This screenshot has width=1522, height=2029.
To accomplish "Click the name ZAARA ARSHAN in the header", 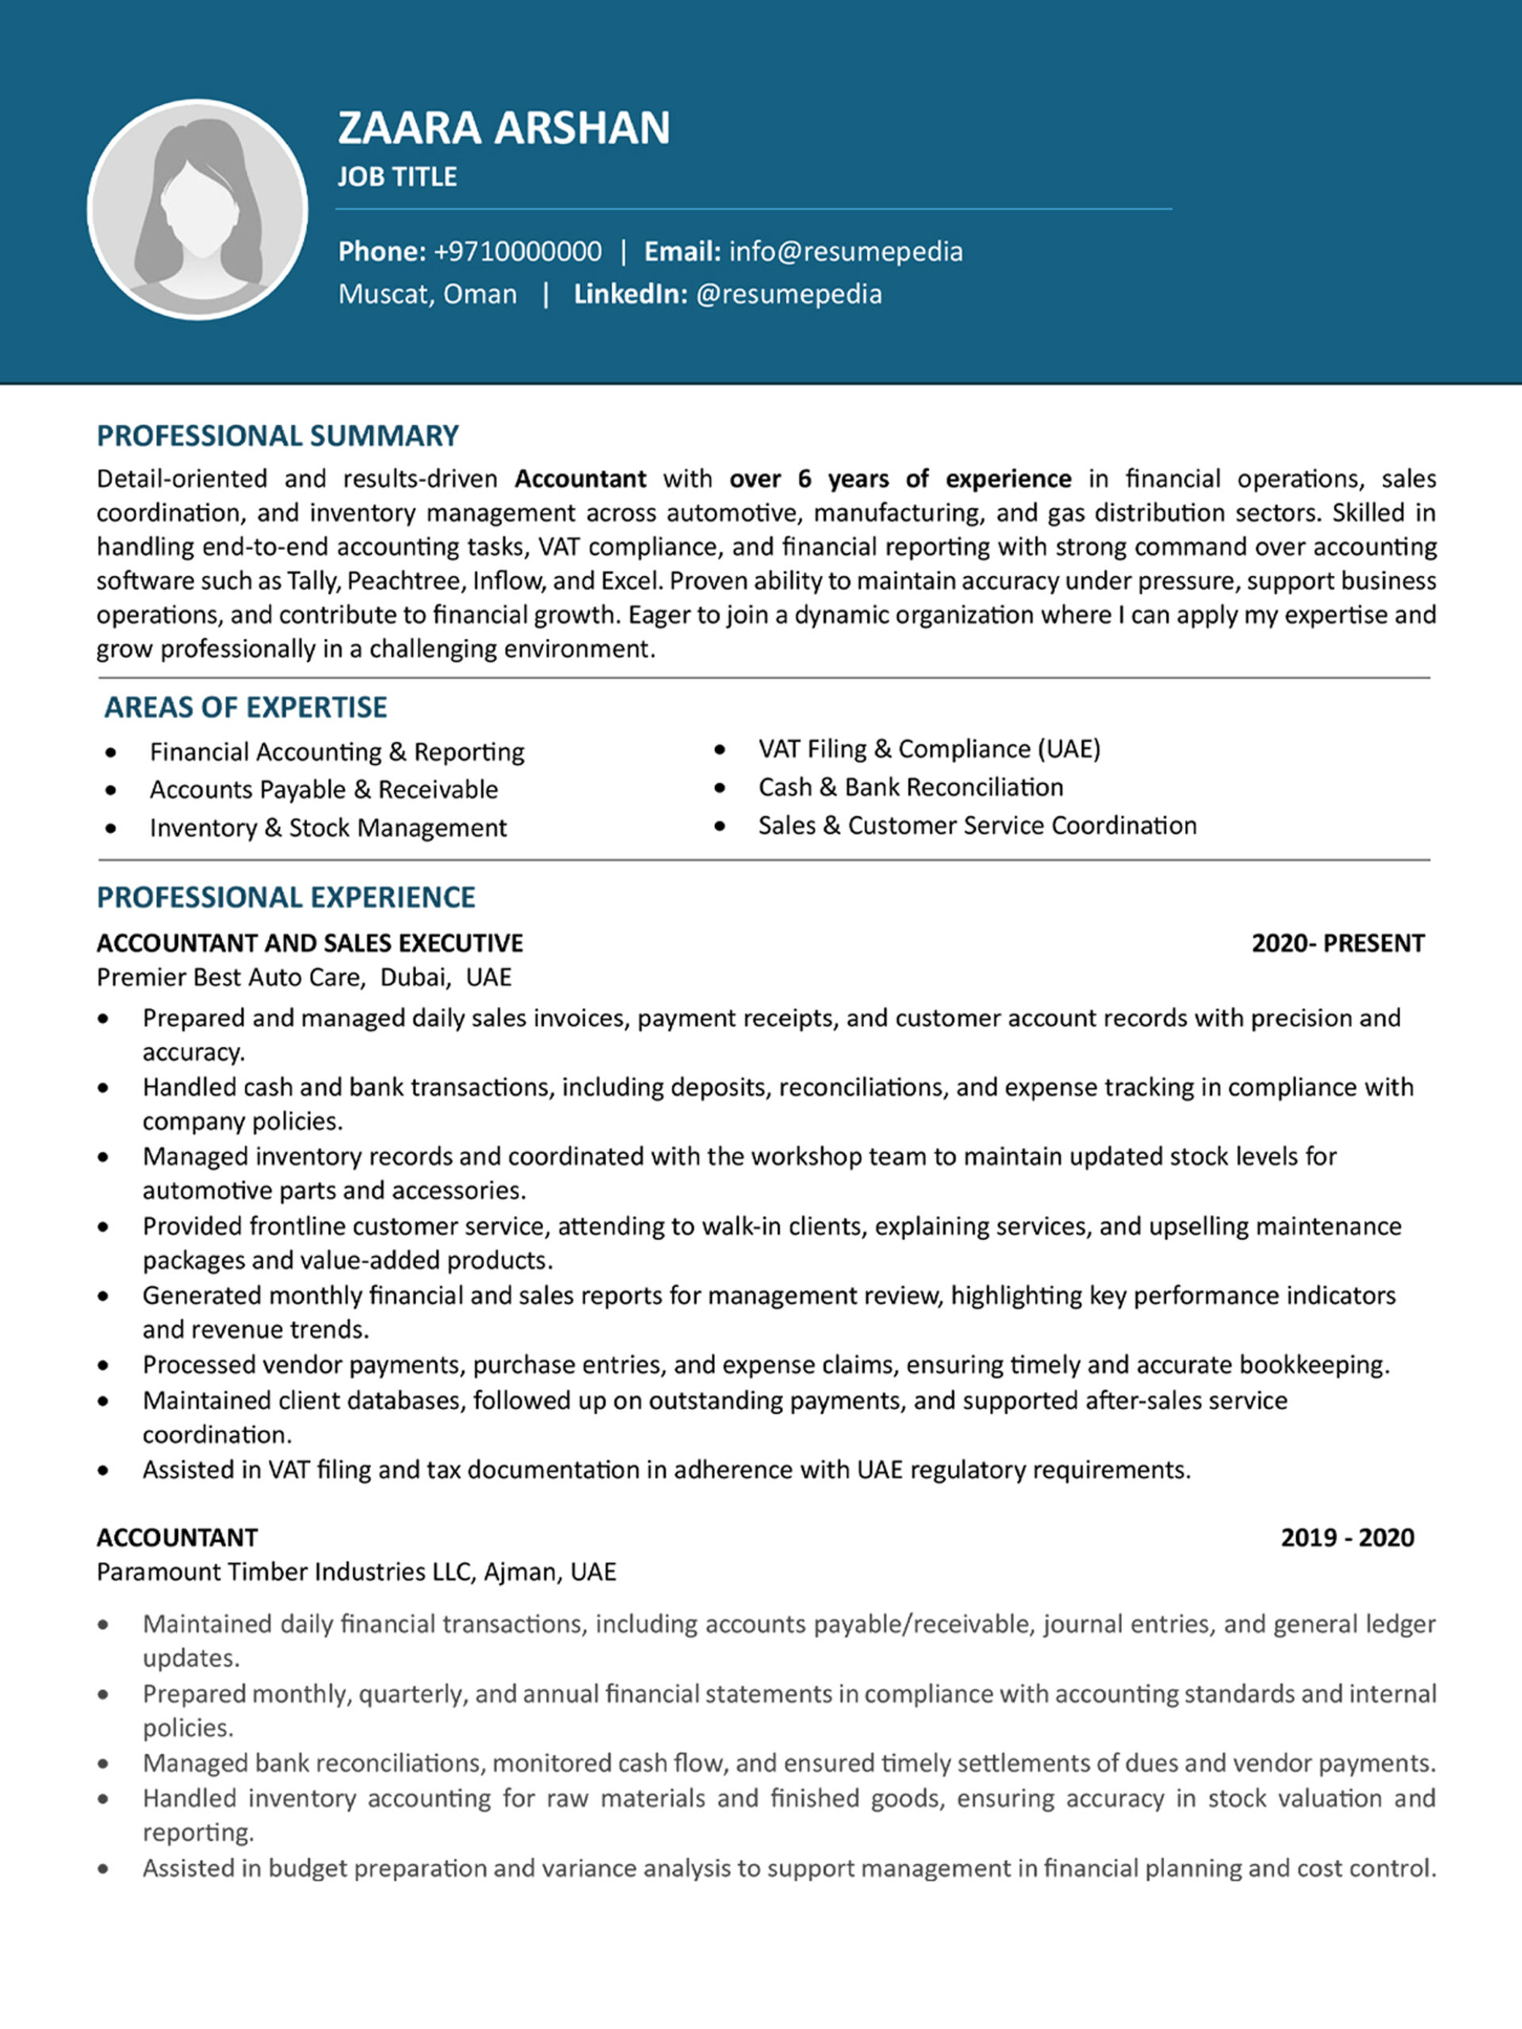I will [x=503, y=128].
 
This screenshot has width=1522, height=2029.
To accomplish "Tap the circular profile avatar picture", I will [x=198, y=210].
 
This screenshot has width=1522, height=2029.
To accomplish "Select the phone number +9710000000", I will [x=518, y=251].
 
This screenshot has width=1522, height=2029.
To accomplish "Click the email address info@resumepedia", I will [x=845, y=251].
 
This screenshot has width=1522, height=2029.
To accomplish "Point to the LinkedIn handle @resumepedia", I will [x=789, y=295].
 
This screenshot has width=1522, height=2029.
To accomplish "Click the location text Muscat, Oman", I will [x=427, y=295].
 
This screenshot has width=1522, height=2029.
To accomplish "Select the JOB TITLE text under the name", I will [x=397, y=177].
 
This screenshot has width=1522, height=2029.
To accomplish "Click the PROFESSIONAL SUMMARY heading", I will [x=277, y=436].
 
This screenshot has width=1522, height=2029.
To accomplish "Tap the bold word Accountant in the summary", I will [x=579, y=479].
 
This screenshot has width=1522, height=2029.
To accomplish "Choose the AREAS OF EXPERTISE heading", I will [x=245, y=707].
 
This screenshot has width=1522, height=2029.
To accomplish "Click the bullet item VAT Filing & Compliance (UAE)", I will [x=928, y=750].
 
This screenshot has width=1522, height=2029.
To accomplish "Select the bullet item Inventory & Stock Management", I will [x=327, y=828].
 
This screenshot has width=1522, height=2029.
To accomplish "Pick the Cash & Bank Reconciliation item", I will [x=910, y=788].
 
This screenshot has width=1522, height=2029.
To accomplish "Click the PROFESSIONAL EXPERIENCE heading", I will [x=285, y=897].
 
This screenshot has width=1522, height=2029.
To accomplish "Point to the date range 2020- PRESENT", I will [x=1337, y=944].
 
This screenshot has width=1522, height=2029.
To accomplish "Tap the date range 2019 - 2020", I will [x=1347, y=1538].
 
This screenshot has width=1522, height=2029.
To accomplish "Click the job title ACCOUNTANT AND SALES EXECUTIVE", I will [x=309, y=944].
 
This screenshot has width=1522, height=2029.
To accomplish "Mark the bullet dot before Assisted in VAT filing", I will [x=103, y=1471].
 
